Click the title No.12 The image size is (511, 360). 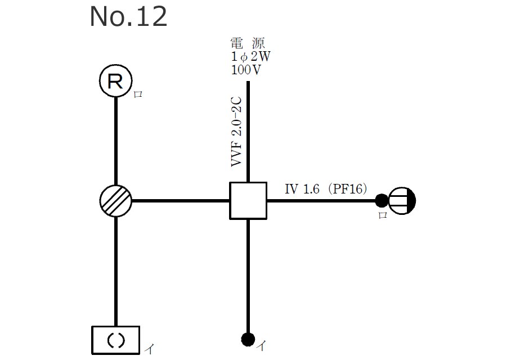pyautogui.click(x=128, y=17)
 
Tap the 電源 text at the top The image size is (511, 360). pyautogui.click(x=247, y=43)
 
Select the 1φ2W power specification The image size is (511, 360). pyautogui.click(x=248, y=57)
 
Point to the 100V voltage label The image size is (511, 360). pyautogui.click(x=246, y=70)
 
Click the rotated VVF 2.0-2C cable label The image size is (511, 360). pyautogui.click(x=236, y=132)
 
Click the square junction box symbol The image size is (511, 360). pyautogui.click(x=248, y=200)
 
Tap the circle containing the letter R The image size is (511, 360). pyautogui.click(x=115, y=82)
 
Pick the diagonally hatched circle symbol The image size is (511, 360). pyautogui.click(x=116, y=200)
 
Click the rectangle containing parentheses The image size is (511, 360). pyautogui.click(x=115, y=340)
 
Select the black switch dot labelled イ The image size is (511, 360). pyautogui.click(x=248, y=339)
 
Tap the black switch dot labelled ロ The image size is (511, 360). pyautogui.click(x=382, y=200)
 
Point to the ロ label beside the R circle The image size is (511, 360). pyautogui.click(x=138, y=94)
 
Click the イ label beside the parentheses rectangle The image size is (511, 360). pyautogui.click(x=149, y=349)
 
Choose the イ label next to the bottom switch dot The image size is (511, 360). pyautogui.click(x=261, y=345)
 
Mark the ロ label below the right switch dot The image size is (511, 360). pyautogui.click(x=383, y=215)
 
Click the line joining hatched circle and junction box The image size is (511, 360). pyautogui.click(x=180, y=200)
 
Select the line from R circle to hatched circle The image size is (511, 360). pyautogui.click(x=116, y=141)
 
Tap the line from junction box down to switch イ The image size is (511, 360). pyautogui.click(x=248, y=276)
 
